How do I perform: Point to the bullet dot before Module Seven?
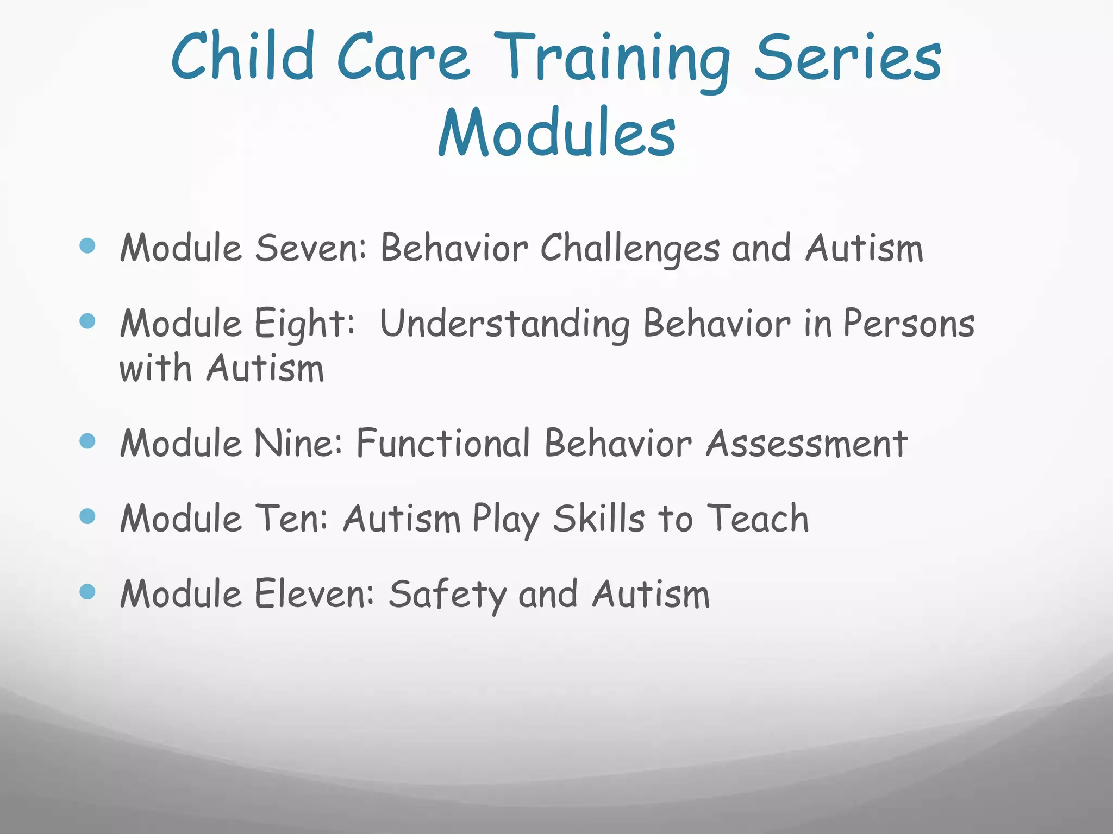click(87, 245)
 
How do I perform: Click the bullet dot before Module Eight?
click(87, 321)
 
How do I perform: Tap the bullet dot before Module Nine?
click(87, 440)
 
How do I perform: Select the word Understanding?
click(505, 325)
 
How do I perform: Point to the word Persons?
click(909, 324)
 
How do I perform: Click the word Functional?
click(443, 443)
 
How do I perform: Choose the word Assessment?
click(806, 444)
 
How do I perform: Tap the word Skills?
click(599, 519)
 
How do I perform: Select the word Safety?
click(447, 595)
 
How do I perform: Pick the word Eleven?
click(314, 594)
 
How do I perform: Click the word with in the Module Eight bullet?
click(156, 369)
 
